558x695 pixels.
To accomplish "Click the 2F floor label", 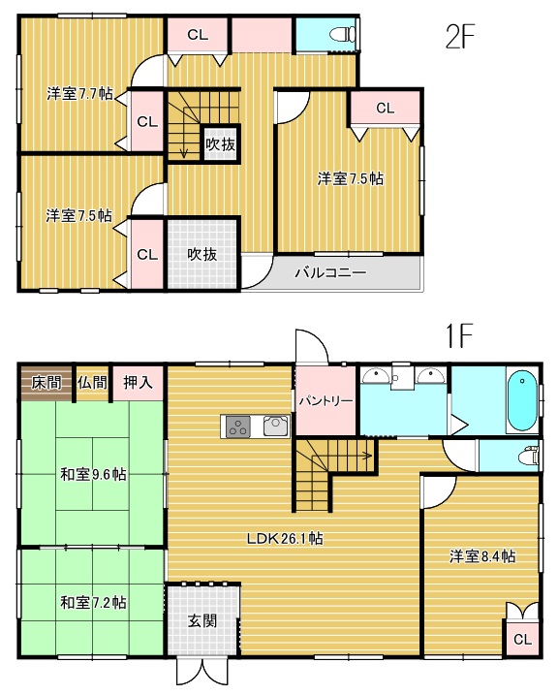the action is coord(459,36).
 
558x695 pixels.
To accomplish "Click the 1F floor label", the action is coord(459,336).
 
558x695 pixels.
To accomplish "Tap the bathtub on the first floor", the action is coord(522,400).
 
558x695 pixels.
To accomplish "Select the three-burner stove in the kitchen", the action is coord(237,427).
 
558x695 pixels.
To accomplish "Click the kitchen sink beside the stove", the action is coord(276,426).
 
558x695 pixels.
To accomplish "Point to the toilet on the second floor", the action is coord(343,35).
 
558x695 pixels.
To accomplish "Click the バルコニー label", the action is coord(330,272).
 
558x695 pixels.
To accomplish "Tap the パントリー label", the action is coord(325,401).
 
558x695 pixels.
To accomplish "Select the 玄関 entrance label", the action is coord(202,621).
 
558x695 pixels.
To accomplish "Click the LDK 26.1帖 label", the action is coord(285,539).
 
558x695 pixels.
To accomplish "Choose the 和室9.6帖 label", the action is coord(93,475).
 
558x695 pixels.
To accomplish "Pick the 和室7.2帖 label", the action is coord(93,602).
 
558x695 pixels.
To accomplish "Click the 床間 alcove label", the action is coord(46,383).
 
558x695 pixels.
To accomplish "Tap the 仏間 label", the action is coord(92,383).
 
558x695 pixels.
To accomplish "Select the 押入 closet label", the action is coord(138,383).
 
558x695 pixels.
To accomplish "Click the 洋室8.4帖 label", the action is coord(482,555).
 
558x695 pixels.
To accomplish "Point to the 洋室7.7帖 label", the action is coord(79,94).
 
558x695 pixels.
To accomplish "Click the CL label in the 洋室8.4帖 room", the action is coord(522,639).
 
